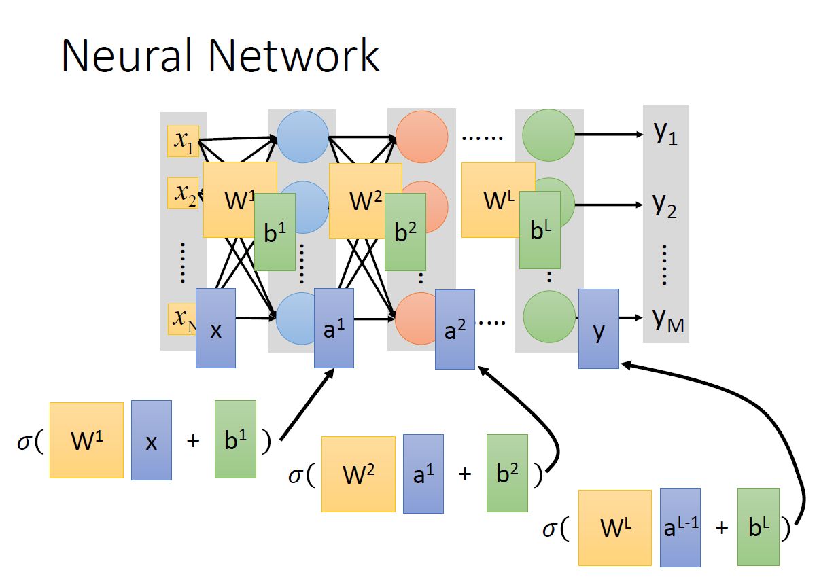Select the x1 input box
[x=183, y=141]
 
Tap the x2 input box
[x=183, y=193]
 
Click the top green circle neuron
[x=548, y=135]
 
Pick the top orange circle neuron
[x=421, y=135]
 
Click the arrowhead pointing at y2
[x=638, y=205]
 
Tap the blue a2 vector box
[x=455, y=330]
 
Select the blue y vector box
[x=599, y=329]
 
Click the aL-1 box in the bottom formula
[x=680, y=527]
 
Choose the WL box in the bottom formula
[x=615, y=527]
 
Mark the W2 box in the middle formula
[x=358, y=474]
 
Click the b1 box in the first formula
[x=235, y=439]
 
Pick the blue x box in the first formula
[x=151, y=440]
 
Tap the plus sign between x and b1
[x=193, y=441]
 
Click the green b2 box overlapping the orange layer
[x=405, y=232]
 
